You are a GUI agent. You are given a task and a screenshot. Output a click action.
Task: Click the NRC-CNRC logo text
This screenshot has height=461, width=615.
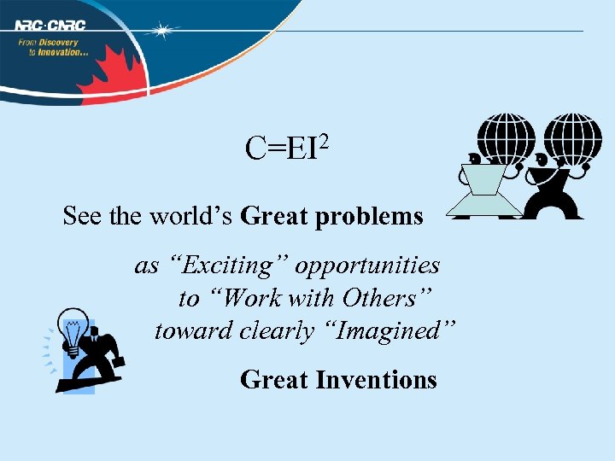tap(50, 25)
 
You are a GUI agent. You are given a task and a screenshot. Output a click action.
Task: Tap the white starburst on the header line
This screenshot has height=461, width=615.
tap(161, 31)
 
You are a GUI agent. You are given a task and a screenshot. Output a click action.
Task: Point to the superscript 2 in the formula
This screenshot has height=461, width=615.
tap(324, 138)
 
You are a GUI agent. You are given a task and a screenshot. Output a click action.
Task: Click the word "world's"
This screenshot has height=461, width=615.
tap(192, 217)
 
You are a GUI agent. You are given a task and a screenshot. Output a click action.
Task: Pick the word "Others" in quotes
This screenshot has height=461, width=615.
tap(382, 299)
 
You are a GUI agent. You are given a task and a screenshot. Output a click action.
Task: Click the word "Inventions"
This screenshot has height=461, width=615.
tap(377, 379)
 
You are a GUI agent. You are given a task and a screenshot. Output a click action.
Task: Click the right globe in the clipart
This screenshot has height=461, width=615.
tap(571, 137)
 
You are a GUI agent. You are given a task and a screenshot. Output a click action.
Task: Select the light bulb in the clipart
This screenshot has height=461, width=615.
tap(73, 330)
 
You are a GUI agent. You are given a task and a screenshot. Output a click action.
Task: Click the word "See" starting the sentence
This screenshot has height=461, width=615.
tap(81, 217)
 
